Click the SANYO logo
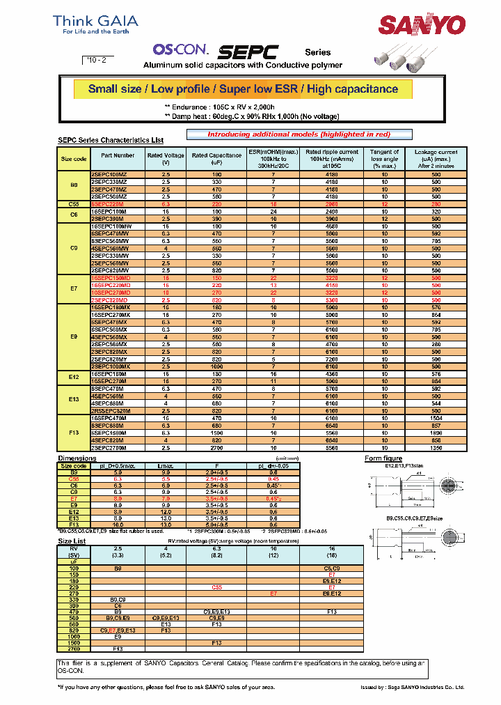point(421,26)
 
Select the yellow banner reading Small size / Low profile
point(243,89)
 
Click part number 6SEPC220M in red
point(108,204)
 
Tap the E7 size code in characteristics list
point(74,287)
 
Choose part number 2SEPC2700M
point(109,448)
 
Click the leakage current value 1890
point(436,433)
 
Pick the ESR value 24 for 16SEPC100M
point(273,211)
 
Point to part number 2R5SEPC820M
point(111,410)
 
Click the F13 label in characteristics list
point(74,433)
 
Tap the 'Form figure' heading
point(383,458)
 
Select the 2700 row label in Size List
point(73,648)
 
